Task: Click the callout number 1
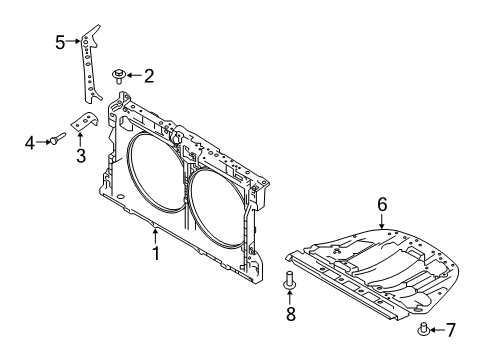(156, 254)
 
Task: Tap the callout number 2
(148, 75)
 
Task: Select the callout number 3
(80, 155)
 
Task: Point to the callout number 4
(30, 144)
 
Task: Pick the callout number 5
(59, 42)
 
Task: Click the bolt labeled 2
(119, 74)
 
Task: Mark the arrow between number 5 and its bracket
(72, 42)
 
